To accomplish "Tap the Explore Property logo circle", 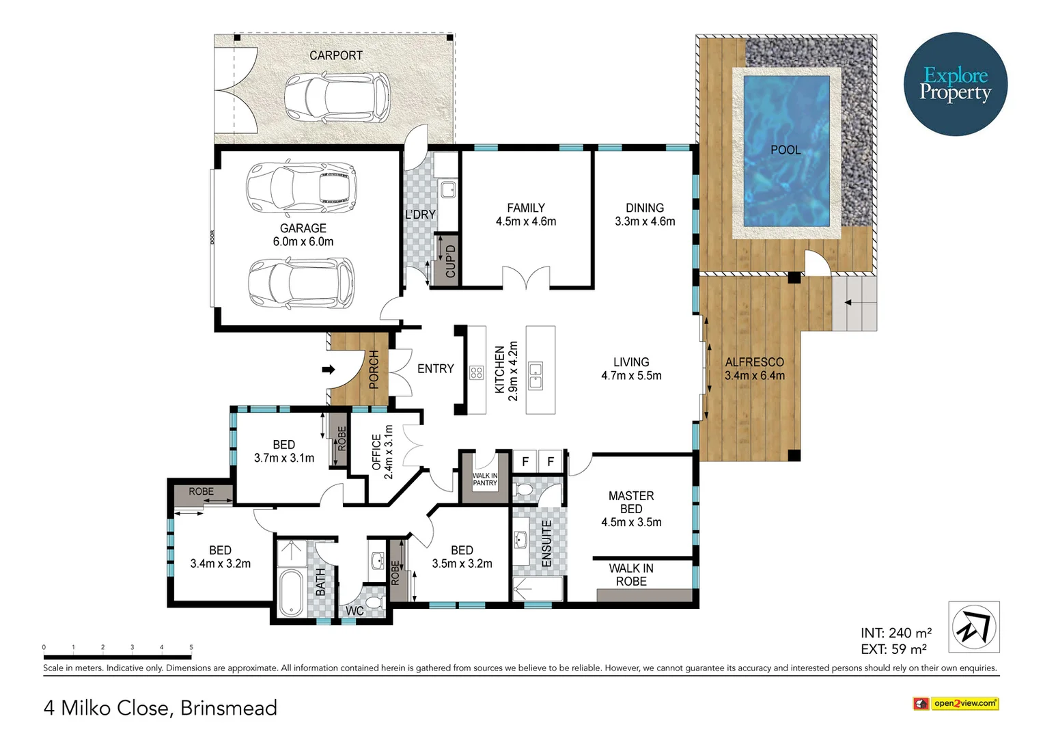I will point(955,84).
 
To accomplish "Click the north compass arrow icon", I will point(974,627).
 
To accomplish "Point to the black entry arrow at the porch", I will point(329,370).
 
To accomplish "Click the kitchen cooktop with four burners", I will point(477,372).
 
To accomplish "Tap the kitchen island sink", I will point(536,375).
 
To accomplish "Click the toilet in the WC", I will point(373,602).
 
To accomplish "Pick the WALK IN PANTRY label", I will point(485,480).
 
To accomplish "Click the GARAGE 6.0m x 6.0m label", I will point(303,235).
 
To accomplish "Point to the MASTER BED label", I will point(631,502).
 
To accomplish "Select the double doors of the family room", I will point(526,277).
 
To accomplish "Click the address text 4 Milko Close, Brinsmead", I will point(161,707).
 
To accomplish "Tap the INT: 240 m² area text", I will point(895,633).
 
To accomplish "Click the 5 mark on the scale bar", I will point(191,647).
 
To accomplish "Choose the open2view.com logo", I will point(956,703).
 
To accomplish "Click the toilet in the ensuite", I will point(525,490).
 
